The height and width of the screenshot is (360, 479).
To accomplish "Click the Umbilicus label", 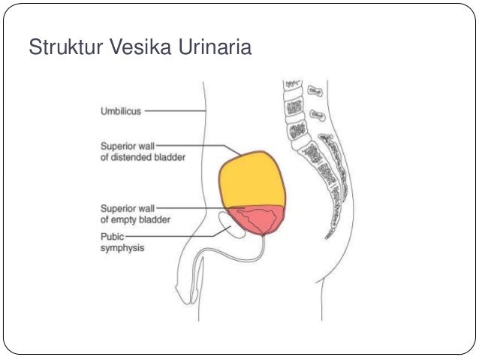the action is click(121, 111).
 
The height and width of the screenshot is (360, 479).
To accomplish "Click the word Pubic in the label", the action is click(112, 235).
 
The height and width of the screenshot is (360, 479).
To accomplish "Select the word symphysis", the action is click(123, 247).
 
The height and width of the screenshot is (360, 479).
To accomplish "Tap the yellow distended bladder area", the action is click(252, 180).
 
